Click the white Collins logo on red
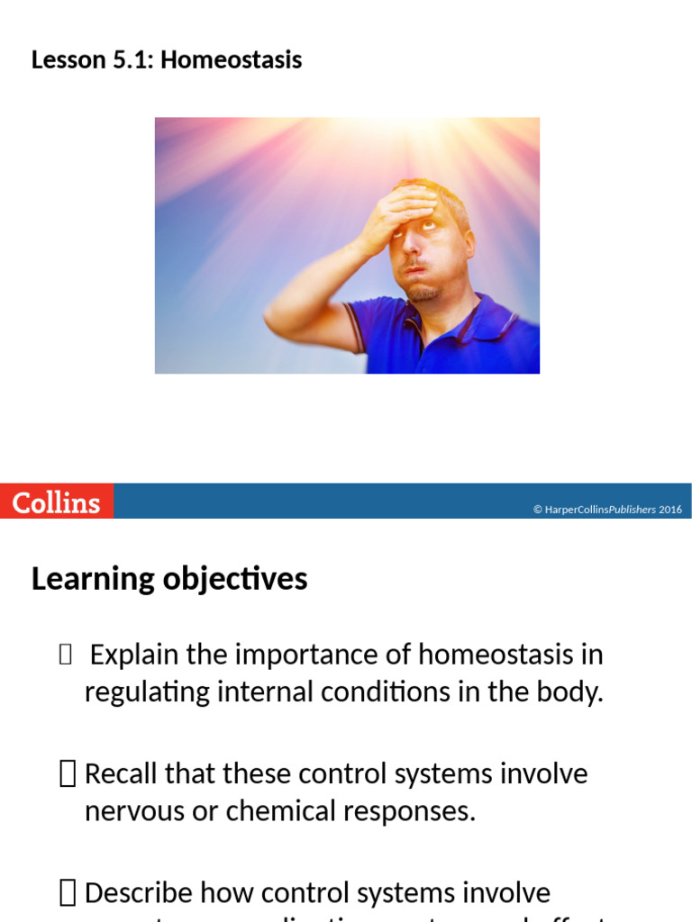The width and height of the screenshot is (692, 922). click(x=56, y=502)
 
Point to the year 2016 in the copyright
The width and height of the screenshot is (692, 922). click(x=670, y=510)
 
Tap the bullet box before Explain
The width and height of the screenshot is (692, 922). click(x=64, y=655)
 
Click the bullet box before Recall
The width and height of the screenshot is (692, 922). click(x=68, y=773)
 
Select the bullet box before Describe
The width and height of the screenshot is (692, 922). click(x=68, y=893)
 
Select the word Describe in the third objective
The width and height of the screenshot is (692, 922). click(x=139, y=893)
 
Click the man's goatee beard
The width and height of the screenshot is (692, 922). click(x=423, y=291)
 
